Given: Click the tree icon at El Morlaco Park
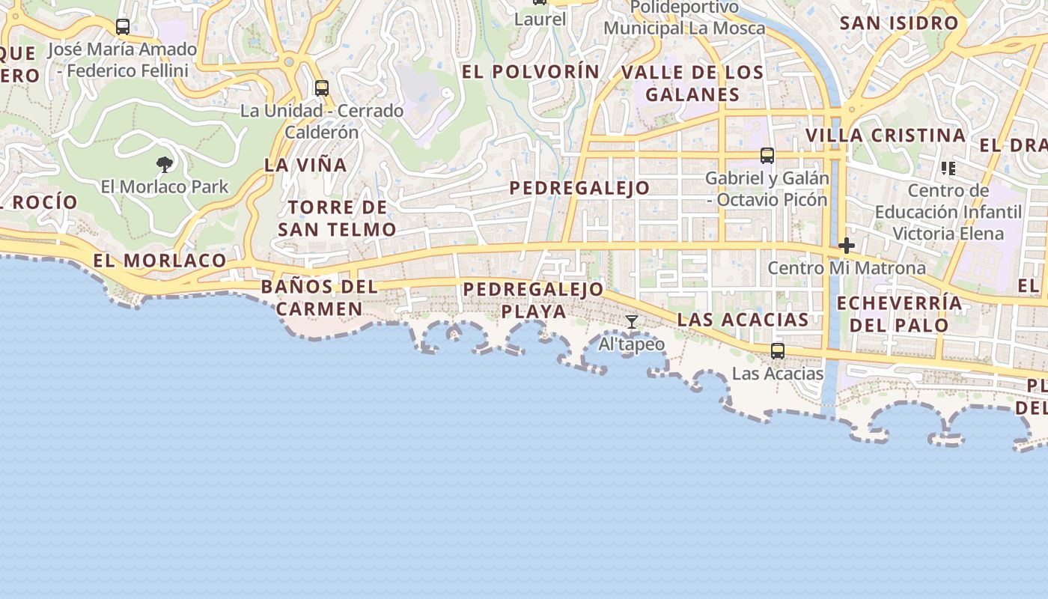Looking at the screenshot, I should click(x=165, y=164).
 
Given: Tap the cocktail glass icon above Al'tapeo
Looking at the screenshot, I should click(x=632, y=322).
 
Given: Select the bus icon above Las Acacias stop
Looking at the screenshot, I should click(x=778, y=350).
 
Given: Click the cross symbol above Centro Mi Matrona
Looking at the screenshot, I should click(x=847, y=246).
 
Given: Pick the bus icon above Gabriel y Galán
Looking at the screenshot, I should click(x=767, y=156).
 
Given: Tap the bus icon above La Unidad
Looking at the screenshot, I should click(x=322, y=88).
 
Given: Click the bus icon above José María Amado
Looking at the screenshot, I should click(x=123, y=27).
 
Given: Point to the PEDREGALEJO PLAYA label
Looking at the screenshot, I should click(x=533, y=299).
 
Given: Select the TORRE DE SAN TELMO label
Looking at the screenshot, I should click(x=337, y=218).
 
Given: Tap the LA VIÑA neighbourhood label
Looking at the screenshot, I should click(x=305, y=165).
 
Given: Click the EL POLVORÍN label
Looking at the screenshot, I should click(x=531, y=72).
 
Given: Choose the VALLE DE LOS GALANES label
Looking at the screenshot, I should click(x=692, y=83).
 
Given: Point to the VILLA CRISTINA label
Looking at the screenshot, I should click(x=886, y=136).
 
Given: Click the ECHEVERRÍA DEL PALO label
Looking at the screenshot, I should click(x=899, y=314).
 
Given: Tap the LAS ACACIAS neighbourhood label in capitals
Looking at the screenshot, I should click(x=743, y=320).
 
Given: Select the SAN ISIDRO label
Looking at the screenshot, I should click(x=899, y=23).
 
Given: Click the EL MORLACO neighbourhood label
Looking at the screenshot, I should click(x=159, y=261).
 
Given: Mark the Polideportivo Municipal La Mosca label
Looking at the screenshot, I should click(x=684, y=18).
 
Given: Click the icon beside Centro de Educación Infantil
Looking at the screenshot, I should click(x=948, y=168).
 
